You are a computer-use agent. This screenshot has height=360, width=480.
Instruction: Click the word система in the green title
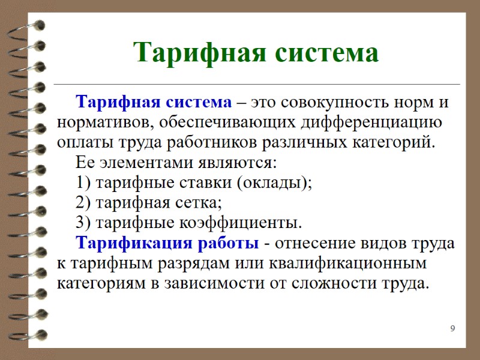[x=327, y=53]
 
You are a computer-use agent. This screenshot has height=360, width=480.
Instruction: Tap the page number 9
[x=452, y=328]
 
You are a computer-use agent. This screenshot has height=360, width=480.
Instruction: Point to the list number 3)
[x=84, y=223]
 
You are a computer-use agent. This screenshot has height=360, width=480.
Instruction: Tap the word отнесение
[x=316, y=244]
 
